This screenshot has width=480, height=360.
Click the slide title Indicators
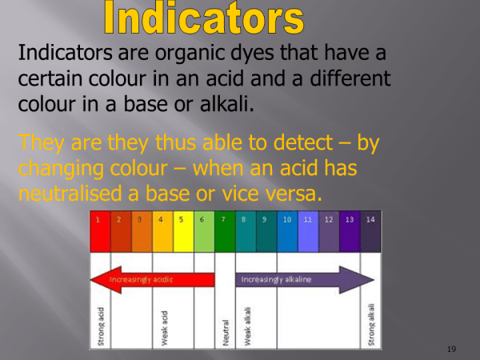[204, 18]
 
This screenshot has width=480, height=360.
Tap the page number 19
[452, 350]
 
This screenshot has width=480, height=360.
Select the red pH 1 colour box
[99, 230]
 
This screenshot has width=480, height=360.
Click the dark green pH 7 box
[224, 230]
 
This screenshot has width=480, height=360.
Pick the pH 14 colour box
[370, 230]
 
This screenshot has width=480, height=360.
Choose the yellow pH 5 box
[182, 230]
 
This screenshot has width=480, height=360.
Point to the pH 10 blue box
[287, 230]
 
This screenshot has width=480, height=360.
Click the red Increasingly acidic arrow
[152, 280]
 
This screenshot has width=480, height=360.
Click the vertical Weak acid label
[163, 326]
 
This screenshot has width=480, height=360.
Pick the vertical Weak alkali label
[247, 324]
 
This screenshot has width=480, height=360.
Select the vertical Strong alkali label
[371, 323]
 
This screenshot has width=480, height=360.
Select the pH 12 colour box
[329, 230]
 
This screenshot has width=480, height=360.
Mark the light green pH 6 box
[204, 230]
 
